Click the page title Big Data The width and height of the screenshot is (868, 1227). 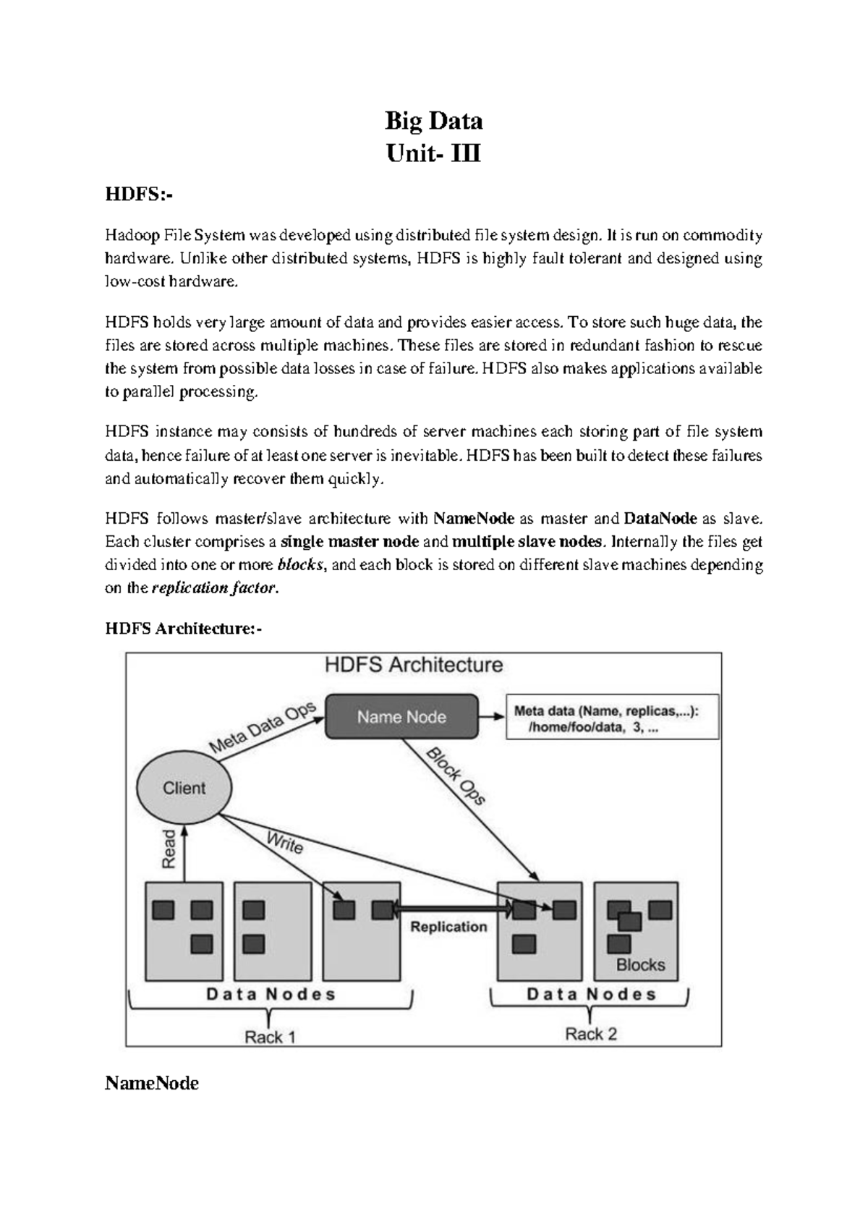point(433,121)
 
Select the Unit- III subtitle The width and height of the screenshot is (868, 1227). point(433,153)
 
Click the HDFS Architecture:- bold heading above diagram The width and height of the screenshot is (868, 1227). point(183,629)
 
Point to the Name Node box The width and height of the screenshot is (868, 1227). point(401,717)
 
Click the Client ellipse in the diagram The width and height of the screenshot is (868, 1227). point(184,788)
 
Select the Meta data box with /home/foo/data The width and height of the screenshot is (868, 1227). point(612,719)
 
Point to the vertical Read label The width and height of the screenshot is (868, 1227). point(169,849)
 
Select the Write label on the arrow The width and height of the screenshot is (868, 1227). point(285,843)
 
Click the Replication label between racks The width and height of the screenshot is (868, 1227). point(448,927)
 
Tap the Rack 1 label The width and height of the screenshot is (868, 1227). point(270,1037)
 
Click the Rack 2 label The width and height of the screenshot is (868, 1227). point(591,1034)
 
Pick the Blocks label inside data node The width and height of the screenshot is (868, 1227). point(640,964)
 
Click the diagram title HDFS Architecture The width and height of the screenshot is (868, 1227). point(414,665)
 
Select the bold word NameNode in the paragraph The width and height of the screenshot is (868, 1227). point(474,518)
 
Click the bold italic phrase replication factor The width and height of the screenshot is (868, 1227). point(214,587)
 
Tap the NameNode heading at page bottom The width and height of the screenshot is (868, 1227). point(152,1083)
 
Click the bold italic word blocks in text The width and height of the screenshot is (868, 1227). point(300,564)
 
